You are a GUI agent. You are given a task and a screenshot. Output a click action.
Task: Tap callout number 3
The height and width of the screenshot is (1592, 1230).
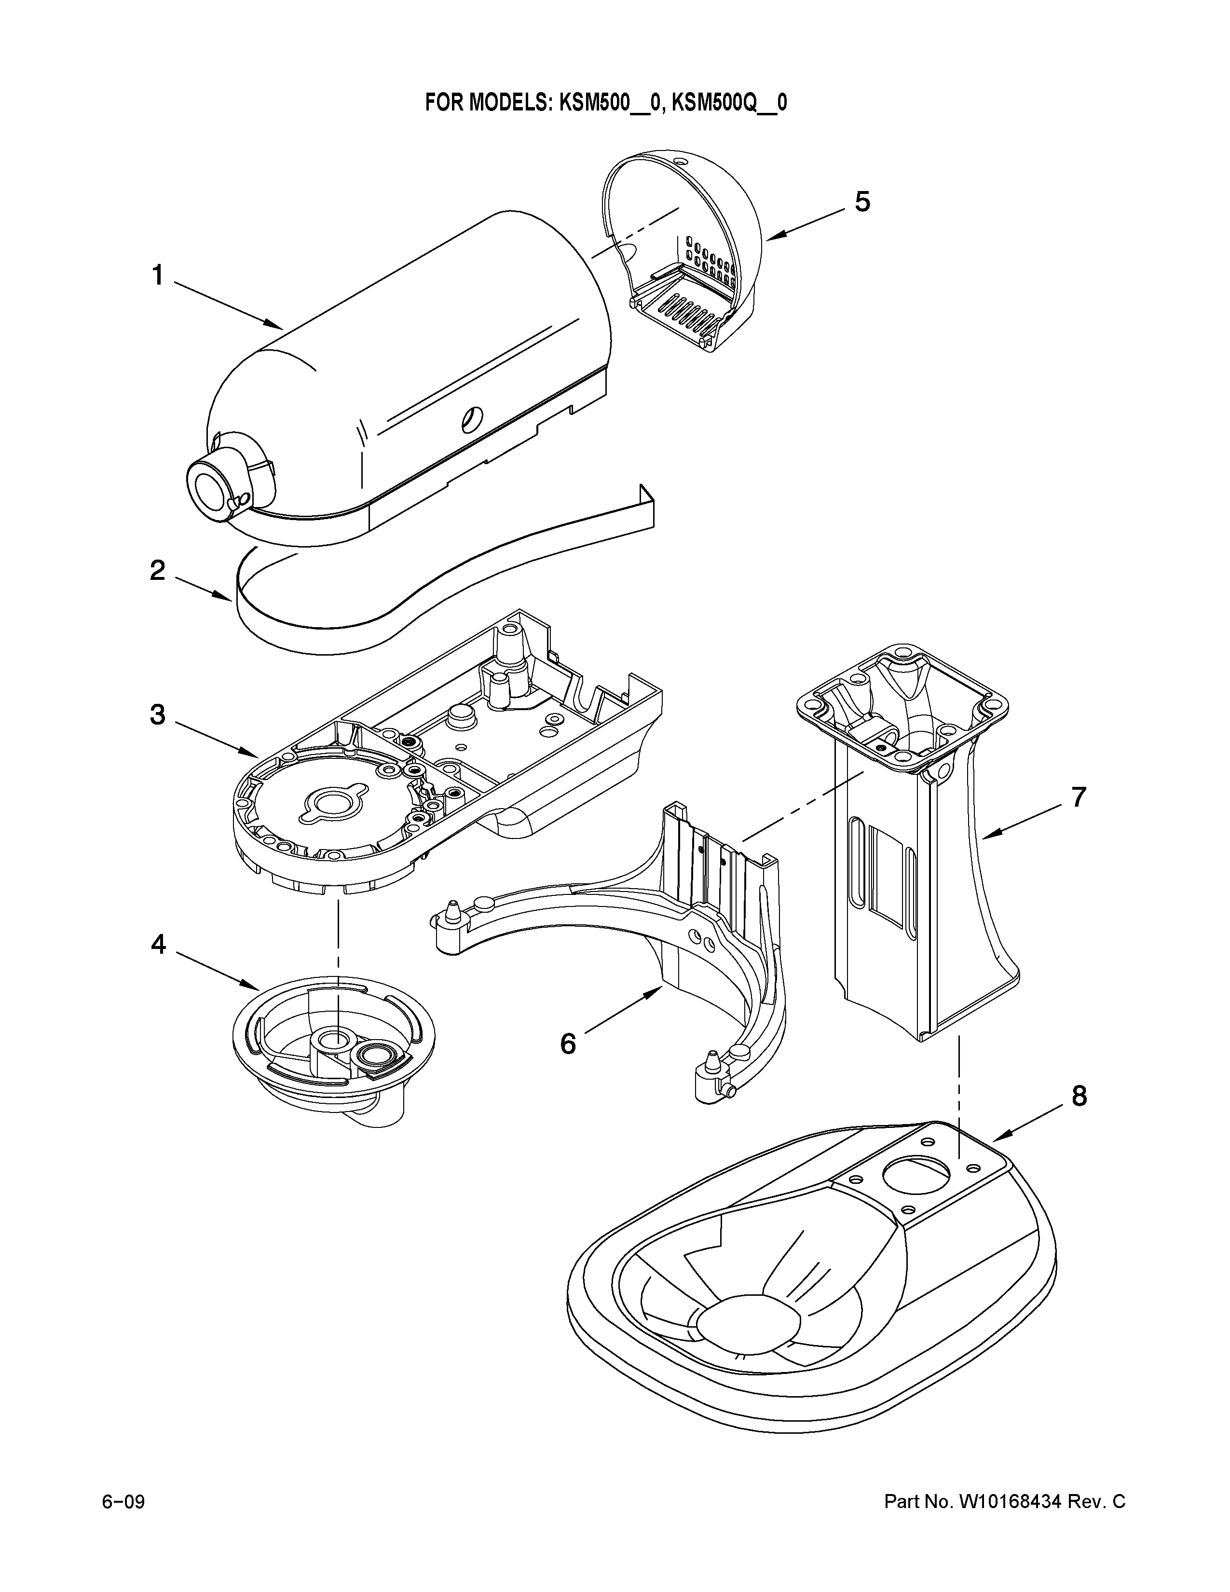tap(157, 715)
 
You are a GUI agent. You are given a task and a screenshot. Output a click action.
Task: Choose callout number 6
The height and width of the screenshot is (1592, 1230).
tap(568, 1044)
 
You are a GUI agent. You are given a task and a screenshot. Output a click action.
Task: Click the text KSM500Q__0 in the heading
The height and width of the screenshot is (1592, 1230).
tap(729, 103)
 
